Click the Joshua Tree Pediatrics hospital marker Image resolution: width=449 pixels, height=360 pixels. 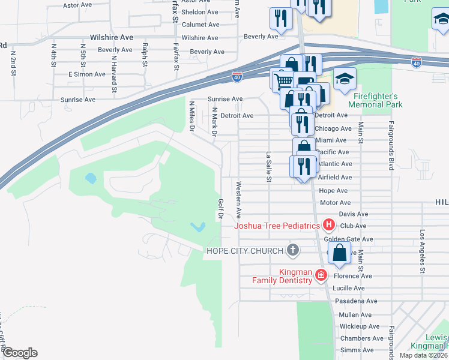[328, 226]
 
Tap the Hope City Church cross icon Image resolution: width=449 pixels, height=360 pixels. [293, 250]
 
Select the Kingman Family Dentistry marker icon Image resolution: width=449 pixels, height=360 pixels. [321, 275]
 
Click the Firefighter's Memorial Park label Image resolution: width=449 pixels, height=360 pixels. [376, 100]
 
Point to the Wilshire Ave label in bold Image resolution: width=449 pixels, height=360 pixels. [111, 37]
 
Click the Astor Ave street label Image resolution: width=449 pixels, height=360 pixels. [77, 5]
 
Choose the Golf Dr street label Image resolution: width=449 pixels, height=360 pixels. [221, 208]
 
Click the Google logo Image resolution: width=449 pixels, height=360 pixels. [19, 353]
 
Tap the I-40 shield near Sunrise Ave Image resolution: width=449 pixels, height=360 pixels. [237, 77]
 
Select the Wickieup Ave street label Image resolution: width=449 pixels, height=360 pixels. [360, 326]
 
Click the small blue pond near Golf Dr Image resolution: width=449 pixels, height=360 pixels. [198, 227]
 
